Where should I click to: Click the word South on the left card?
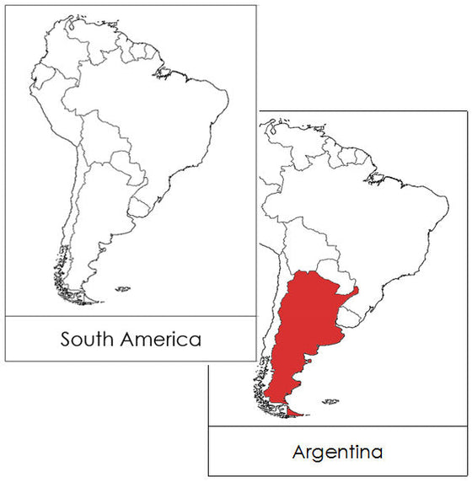[88, 340]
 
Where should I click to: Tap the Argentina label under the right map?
[336, 452]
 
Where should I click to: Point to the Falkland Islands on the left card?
[123, 289]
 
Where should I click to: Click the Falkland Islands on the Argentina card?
[331, 401]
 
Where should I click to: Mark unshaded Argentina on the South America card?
[97, 219]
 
